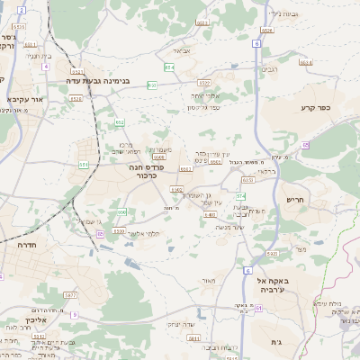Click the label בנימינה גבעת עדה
click(x=99, y=81)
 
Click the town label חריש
click(x=296, y=200)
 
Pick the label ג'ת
click(x=275, y=342)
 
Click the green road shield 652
click(x=120, y=121)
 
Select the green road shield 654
click(x=169, y=67)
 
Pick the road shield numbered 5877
click(x=215, y=163)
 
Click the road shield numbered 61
click(x=258, y=309)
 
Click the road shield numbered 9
click(x=75, y=315)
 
